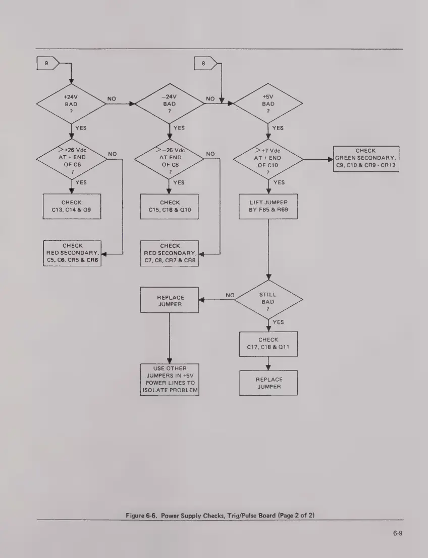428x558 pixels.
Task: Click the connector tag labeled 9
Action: pos(47,64)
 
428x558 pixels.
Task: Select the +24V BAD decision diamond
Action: pos(71,104)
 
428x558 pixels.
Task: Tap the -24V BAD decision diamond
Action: pos(169,104)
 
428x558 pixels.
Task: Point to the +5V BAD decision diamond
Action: pos(268,104)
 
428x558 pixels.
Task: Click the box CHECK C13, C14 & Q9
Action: pos(71,206)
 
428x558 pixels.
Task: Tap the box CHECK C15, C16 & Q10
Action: pos(170,206)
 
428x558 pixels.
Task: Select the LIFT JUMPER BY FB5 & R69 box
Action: pos(268,206)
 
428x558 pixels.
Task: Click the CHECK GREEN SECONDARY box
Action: pos(365,159)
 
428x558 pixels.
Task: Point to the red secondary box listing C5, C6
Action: pos(72,253)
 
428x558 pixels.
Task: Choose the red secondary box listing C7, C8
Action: pos(170,253)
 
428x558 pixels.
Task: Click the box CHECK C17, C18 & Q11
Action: pos(268,344)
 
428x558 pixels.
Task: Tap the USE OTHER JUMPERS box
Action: pos(170,380)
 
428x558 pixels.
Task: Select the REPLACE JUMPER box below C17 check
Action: pos(268,383)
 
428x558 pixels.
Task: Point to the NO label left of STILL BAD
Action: pos(230,295)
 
